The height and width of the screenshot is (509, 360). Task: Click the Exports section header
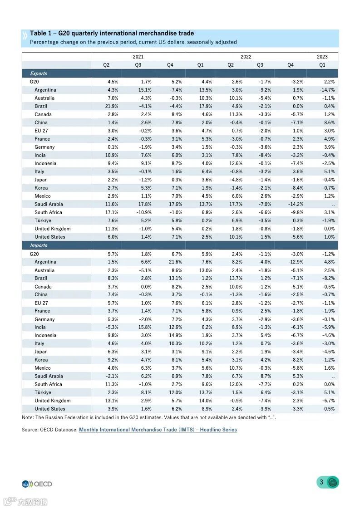39,73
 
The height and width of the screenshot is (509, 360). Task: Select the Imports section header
39,245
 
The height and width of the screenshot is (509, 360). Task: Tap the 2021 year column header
138,57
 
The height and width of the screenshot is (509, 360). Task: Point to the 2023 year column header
322,57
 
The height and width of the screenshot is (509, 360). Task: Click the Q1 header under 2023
322,65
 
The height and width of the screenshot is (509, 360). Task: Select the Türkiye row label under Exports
43,220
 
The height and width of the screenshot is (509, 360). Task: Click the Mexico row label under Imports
43,368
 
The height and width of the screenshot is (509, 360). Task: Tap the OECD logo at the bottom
37,484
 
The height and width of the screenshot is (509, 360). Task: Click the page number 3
321,482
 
